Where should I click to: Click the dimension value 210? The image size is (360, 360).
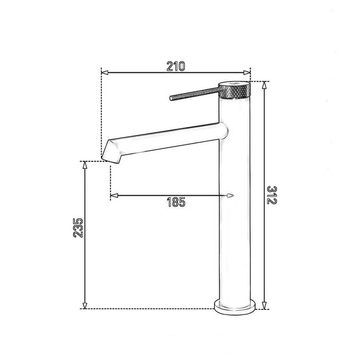point(175,66)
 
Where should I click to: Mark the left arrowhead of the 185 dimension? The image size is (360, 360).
point(113,195)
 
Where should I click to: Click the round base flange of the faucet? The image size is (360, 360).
point(234,305)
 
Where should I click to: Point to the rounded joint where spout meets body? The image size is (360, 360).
point(223,129)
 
